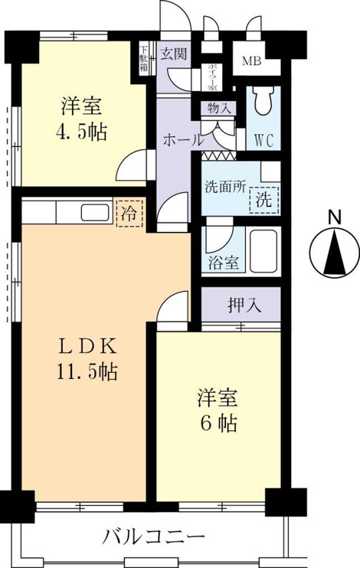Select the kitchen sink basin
pyautogui.click(x=95, y=212)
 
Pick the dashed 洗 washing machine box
pyautogui.click(x=264, y=200)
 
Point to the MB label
pyautogui.click(x=251, y=61)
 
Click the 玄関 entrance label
pyautogui.click(x=174, y=54)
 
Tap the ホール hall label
pyautogui.click(x=182, y=139)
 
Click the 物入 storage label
pyautogui.click(x=219, y=108)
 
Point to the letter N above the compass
pyautogui.click(x=335, y=218)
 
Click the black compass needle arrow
pyautogui.click(x=335, y=253)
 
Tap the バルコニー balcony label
pyautogui.click(x=154, y=537)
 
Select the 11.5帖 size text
pyautogui.click(x=87, y=371)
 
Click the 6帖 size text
pyautogui.click(x=219, y=423)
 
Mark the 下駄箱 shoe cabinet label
pyautogui.click(x=144, y=57)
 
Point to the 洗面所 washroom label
pyautogui.click(x=225, y=187)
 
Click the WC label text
pyautogui.click(x=263, y=141)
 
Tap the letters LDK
pyautogui.click(x=88, y=348)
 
